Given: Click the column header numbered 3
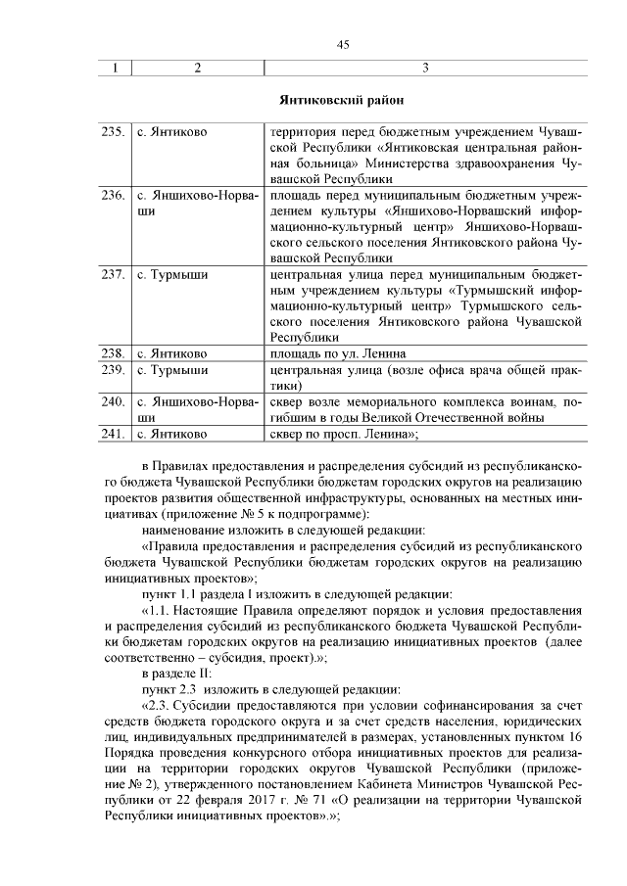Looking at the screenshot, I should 424,68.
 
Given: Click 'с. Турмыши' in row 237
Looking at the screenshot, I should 172,274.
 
